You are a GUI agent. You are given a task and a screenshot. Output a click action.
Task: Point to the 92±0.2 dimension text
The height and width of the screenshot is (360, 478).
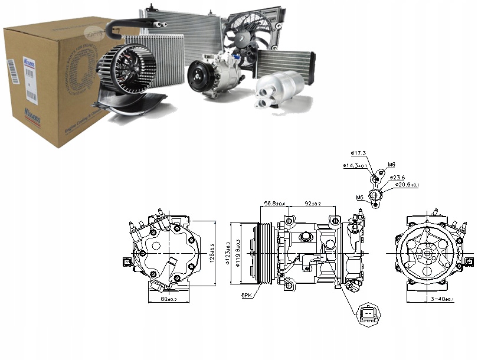[312, 204]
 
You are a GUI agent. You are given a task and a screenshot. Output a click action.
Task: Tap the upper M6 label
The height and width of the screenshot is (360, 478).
[392, 165]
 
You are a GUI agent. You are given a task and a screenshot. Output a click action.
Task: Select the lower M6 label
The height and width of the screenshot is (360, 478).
[360, 197]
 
